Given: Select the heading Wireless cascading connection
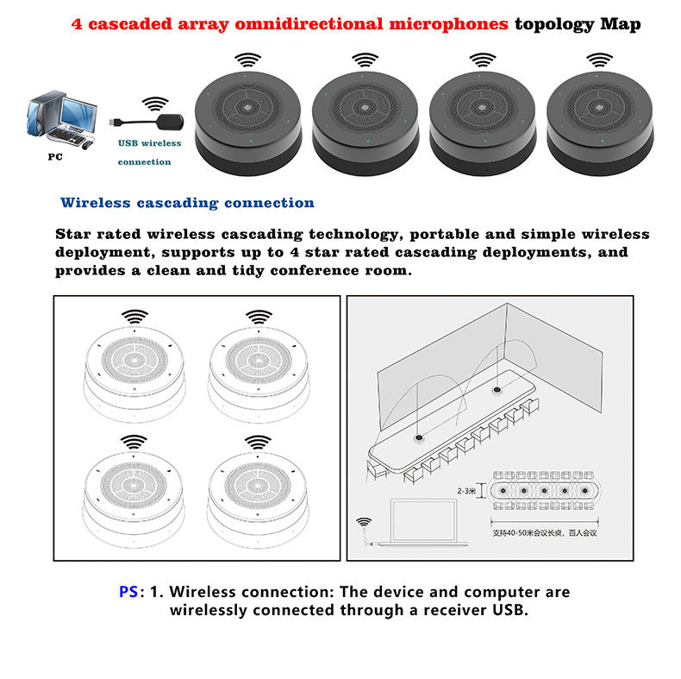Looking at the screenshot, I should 187,203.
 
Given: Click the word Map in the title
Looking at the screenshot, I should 621,24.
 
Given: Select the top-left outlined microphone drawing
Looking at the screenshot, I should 134,367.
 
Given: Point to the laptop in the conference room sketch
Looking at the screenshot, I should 423,523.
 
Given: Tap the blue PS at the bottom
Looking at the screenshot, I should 128,593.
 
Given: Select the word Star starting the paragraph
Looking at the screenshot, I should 77,234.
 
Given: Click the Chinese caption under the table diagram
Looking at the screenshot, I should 544,533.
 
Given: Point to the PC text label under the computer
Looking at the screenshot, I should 55,158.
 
